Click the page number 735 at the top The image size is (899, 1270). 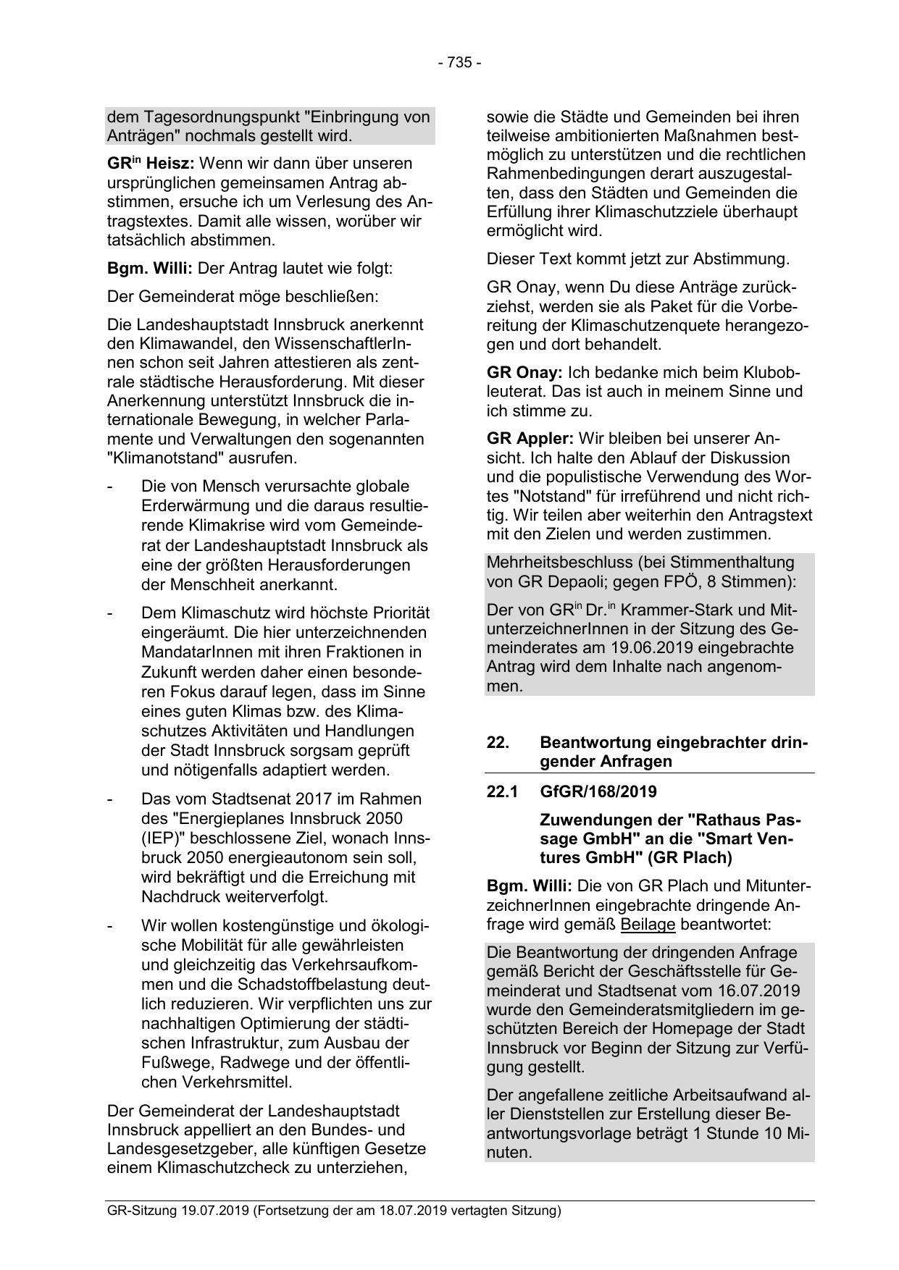click(x=459, y=62)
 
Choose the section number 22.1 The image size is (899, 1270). click(x=502, y=791)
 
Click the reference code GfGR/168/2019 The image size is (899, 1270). click(x=598, y=791)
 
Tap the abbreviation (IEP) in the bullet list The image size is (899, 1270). click(x=162, y=838)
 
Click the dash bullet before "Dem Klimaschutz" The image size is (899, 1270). click(x=109, y=613)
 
